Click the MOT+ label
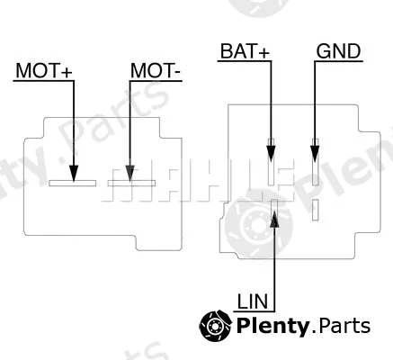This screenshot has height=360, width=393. (x=44, y=70)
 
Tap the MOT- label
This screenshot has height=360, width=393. (x=156, y=70)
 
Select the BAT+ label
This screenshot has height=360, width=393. (x=245, y=50)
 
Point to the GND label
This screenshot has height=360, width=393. (x=338, y=51)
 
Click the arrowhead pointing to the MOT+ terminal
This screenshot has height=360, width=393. (x=74, y=174)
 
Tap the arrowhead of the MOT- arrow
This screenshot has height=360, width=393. (x=130, y=174)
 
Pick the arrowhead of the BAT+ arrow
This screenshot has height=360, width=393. (x=271, y=153)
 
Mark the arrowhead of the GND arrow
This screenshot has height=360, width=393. (x=315, y=153)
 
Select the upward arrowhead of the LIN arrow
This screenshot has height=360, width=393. (x=274, y=219)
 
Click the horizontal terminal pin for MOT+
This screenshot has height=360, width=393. (x=73, y=183)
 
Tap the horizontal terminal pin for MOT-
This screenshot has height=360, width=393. (x=131, y=183)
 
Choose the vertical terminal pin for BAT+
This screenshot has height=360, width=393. (x=271, y=162)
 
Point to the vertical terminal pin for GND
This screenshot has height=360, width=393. (x=315, y=162)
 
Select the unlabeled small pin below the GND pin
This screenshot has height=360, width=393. (x=315, y=210)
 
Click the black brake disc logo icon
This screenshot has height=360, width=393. (x=216, y=326)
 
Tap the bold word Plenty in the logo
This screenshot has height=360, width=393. (x=272, y=327)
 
